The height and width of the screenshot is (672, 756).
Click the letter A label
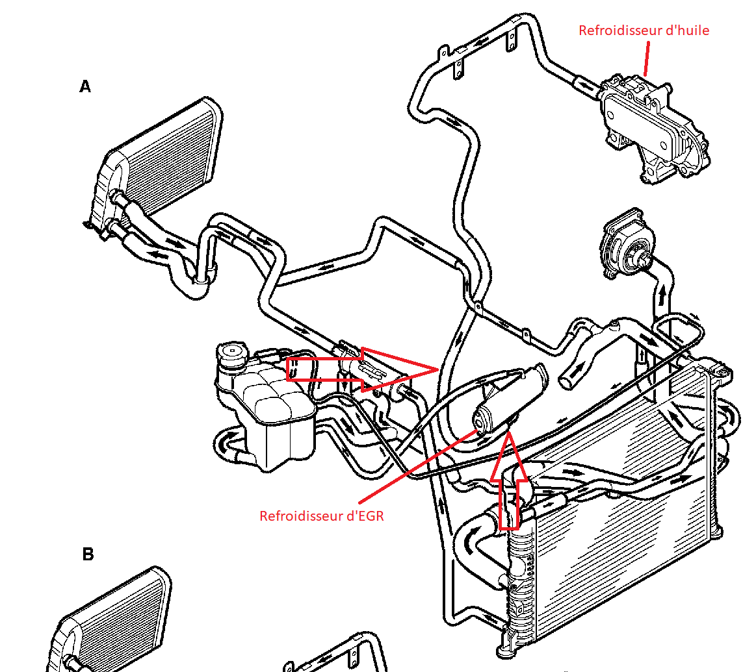tap(85, 86)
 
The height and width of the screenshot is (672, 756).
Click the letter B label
tap(88, 554)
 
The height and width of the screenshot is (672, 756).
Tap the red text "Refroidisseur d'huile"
tap(644, 31)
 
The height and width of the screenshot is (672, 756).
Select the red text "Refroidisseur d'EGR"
tap(322, 516)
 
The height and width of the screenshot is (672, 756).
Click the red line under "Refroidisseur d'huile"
tap(646, 57)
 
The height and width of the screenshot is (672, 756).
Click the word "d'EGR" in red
tap(366, 516)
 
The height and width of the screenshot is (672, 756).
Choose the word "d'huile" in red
tap(688, 31)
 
